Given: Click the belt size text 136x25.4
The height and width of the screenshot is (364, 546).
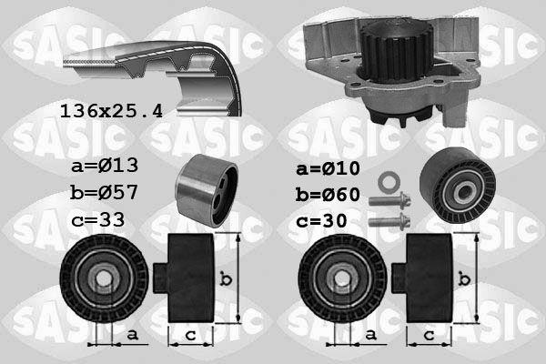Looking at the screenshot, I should (x=111, y=112).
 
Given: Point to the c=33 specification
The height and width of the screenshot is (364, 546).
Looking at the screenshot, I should (x=97, y=219).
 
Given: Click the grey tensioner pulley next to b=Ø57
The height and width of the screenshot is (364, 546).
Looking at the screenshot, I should (x=207, y=190).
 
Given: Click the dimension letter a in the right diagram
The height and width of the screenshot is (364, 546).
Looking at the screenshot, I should (x=369, y=336).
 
